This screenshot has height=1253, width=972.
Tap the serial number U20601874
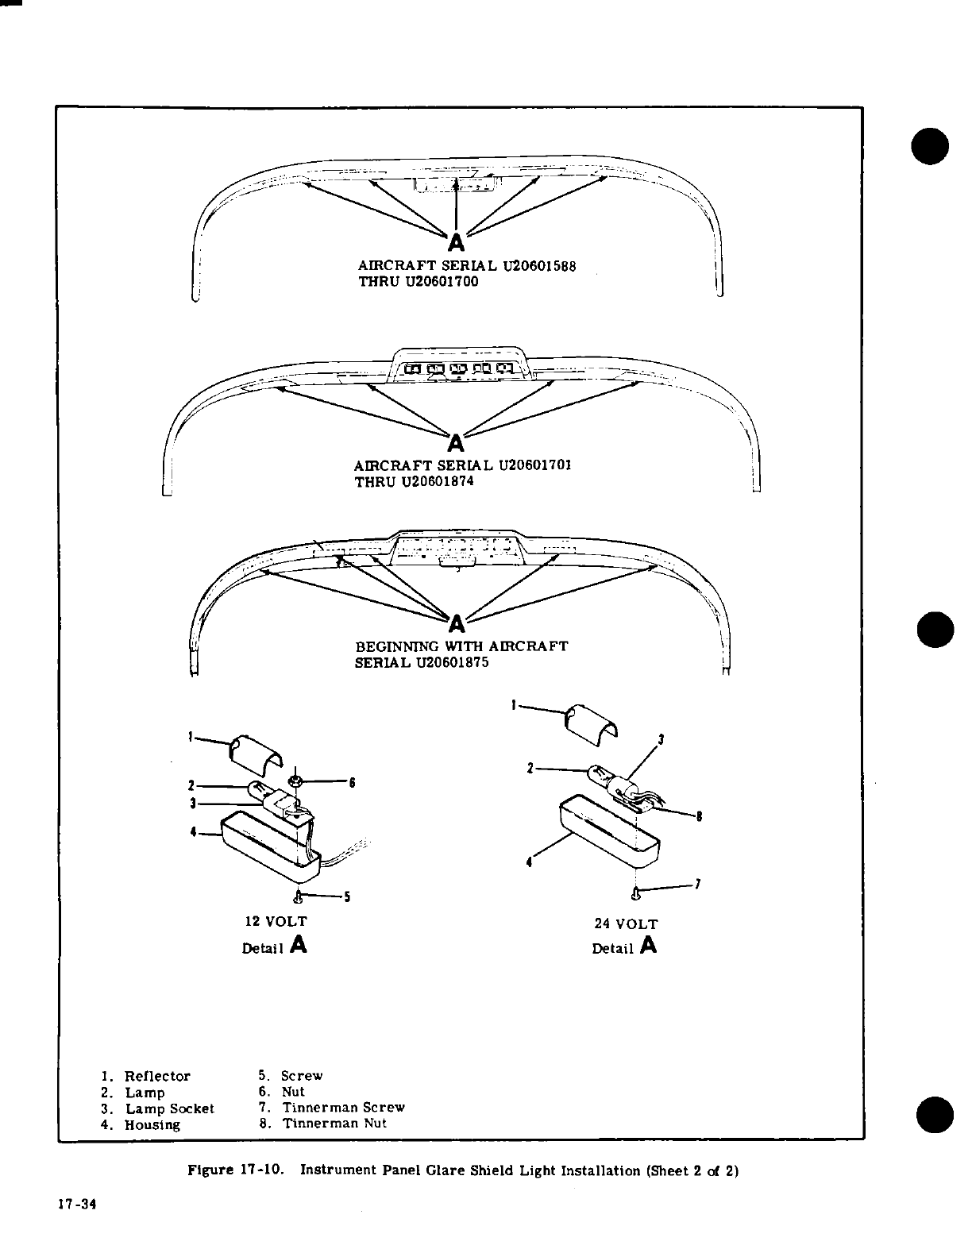pos(438,481)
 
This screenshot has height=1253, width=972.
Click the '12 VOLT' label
pos(274,922)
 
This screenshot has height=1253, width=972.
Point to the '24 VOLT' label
pos(626,924)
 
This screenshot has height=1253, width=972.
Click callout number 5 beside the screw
pos(347,898)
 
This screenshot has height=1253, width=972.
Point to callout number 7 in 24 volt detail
pos(696,885)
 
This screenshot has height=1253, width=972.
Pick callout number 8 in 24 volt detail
pos(698,815)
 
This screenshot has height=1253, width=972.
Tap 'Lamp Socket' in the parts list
pos(170,1108)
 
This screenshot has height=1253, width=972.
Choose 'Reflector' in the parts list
pos(158,1077)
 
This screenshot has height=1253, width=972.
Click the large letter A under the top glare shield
pos(456,239)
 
